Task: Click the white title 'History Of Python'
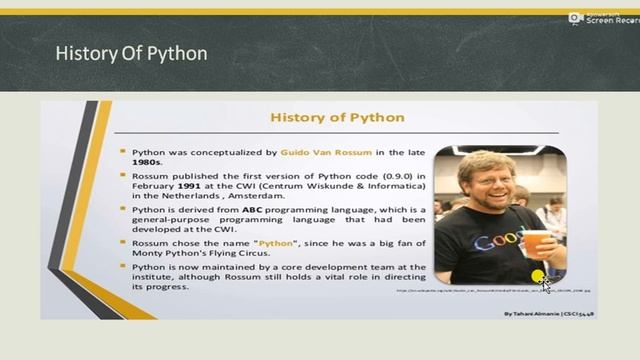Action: click(131, 52)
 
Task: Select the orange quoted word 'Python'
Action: click(276, 243)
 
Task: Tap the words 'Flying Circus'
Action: click(255, 253)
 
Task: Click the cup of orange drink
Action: click(537, 245)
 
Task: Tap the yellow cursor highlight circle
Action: click(539, 277)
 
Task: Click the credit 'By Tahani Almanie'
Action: click(533, 313)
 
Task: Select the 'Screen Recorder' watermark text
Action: click(612, 20)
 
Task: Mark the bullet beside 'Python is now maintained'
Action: click(123, 268)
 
